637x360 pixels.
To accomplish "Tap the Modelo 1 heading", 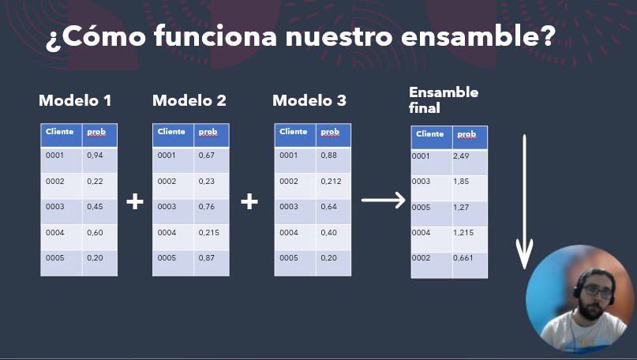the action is click(x=75, y=100).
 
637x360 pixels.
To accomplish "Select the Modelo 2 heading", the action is click(x=189, y=100).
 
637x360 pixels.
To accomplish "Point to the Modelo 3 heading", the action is click(x=309, y=100).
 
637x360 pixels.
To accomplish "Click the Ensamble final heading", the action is click(x=444, y=100).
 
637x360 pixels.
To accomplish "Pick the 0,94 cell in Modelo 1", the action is click(x=95, y=156).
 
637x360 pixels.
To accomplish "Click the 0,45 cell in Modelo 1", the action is click(x=95, y=206).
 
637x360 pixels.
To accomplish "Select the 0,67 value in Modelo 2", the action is click(x=206, y=156).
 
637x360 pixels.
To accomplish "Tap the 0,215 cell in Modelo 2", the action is click(x=209, y=232).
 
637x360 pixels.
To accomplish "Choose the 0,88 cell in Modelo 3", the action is click(x=328, y=156).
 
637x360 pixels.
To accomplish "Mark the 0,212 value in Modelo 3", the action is click(x=331, y=182).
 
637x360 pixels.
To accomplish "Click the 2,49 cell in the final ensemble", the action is click(x=461, y=156).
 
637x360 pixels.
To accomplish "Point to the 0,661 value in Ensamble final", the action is click(x=463, y=257).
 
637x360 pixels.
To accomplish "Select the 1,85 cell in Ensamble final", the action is click(x=461, y=182).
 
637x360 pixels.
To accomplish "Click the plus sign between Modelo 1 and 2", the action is click(x=135, y=201).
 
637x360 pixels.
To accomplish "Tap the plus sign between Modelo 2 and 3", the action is click(x=249, y=201).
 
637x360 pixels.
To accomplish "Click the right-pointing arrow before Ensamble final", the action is click(x=384, y=200).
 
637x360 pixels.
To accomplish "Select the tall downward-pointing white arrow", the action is click(x=524, y=201).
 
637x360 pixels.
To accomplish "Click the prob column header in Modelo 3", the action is click(x=330, y=132).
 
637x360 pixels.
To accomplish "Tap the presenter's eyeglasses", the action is click(x=598, y=291).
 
